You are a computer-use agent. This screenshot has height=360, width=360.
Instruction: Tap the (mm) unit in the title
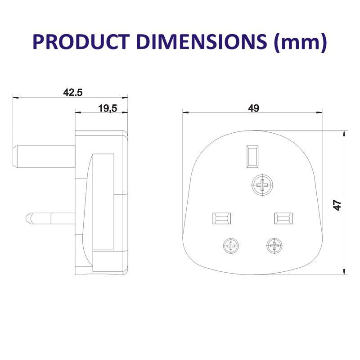pos(299,42)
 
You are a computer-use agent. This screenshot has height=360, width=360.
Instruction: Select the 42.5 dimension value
pos(73,93)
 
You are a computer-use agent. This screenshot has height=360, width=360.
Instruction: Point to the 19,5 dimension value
pos(108,108)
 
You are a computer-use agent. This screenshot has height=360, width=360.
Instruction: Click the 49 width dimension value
pos(253,108)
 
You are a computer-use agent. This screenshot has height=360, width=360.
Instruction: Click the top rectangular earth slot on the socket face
pos(252,156)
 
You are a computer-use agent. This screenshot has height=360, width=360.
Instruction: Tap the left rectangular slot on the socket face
pos(221,218)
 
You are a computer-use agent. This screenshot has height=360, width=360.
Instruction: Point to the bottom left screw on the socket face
pos(232,246)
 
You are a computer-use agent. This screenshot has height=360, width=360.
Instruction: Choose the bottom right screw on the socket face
pos(273,246)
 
